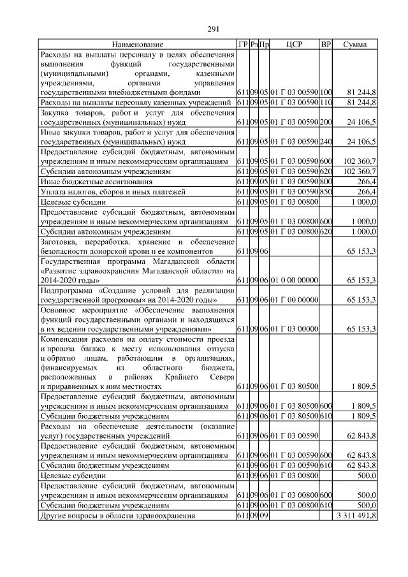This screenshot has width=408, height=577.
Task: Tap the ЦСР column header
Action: pos(294,45)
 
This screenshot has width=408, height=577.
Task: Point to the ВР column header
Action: pos(326,45)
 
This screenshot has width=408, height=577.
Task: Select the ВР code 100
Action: pos(326,92)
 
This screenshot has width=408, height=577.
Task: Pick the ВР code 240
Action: pos(326,142)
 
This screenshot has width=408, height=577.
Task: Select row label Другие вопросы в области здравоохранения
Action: pos(118,515)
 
